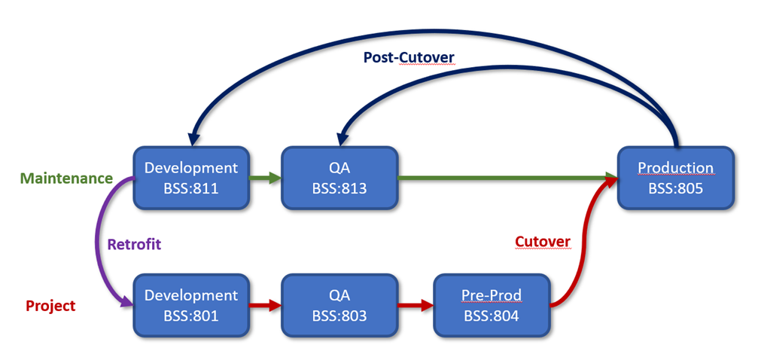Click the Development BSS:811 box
tap(191, 178)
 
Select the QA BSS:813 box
tap(339, 178)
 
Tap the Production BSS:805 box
tap(675, 178)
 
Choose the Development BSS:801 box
tap(191, 305)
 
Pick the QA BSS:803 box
tap(339, 305)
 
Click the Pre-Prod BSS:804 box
tap(492, 305)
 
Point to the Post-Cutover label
tap(409, 57)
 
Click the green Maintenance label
tap(66, 178)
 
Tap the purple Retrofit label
tap(134, 244)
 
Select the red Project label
tap(51, 306)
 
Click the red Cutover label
tap(543, 241)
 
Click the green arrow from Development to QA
tap(264, 178)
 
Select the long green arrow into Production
tap(504, 178)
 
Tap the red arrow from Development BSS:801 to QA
tap(264, 306)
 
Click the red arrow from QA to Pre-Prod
tap(415, 306)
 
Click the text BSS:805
tap(675, 188)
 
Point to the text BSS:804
tap(492, 316)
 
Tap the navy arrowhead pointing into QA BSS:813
tap(342, 139)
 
